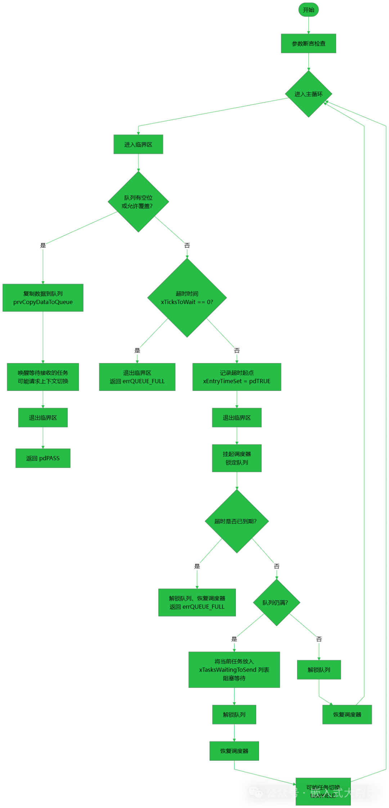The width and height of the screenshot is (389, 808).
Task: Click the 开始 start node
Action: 308,10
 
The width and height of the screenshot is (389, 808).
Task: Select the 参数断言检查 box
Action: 309,44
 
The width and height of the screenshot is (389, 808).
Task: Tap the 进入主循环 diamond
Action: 309,94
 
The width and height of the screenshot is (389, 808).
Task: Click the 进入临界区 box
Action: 138,144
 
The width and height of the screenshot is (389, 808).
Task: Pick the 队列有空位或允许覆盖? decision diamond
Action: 138,202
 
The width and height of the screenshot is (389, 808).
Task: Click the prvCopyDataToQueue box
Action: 43,298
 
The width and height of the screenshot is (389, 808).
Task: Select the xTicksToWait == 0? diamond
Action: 187,298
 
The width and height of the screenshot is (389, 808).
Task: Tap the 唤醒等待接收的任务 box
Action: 43,377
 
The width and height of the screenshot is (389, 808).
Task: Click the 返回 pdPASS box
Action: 43,458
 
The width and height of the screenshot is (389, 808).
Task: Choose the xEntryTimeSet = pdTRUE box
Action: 237,377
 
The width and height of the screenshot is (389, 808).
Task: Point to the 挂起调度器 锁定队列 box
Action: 237,458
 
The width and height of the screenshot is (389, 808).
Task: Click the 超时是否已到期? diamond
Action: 237,521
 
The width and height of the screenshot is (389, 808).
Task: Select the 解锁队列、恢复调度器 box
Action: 197,602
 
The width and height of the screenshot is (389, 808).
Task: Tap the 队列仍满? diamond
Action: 276,602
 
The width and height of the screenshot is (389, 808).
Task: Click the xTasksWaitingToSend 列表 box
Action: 234,670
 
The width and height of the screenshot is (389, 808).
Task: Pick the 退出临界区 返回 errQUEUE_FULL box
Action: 137,377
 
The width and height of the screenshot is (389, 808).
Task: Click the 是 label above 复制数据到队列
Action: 43,245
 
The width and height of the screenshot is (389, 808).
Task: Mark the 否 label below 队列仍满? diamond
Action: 319,639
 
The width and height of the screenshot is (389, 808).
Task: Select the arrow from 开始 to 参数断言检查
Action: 309,25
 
